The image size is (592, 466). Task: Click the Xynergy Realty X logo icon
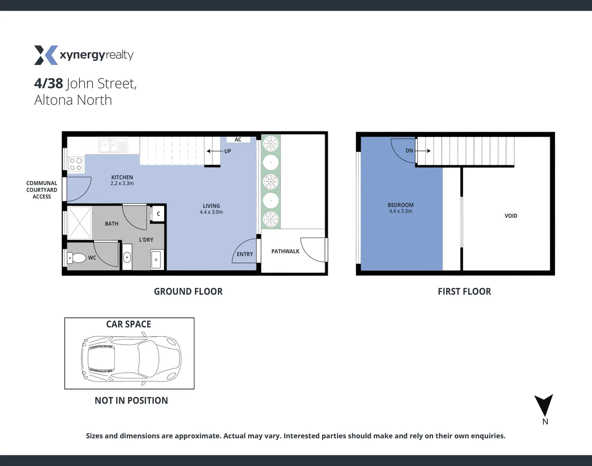[46, 55]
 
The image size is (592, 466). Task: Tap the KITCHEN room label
[122, 177]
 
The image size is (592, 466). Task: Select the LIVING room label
[211, 206]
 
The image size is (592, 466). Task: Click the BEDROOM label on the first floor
[400, 205]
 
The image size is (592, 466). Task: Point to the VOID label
[511, 216]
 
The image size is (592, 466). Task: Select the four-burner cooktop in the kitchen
[76, 164]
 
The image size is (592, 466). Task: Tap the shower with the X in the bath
[79, 222]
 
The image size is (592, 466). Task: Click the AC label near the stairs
[238, 139]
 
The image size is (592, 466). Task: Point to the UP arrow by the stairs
[214, 151]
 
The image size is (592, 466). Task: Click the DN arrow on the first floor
[423, 151]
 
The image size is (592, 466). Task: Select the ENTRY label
[245, 254]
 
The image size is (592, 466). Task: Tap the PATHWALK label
[285, 251]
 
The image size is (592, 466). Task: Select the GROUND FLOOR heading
[188, 292]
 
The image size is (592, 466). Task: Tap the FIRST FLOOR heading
[464, 292]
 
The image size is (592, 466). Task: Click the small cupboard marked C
[158, 214]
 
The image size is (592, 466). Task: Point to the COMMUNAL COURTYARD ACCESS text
[41, 190]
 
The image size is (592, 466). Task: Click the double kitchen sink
[113, 146]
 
